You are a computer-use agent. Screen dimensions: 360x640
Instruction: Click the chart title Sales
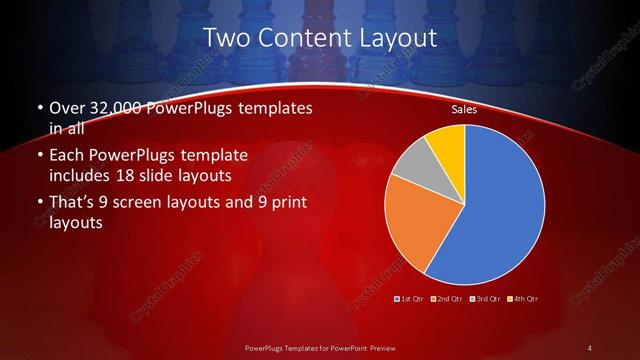pyautogui.click(x=463, y=108)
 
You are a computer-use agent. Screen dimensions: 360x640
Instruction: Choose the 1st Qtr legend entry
pyautogui.click(x=410, y=298)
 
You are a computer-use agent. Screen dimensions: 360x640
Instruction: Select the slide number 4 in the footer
pyautogui.click(x=590, y=347)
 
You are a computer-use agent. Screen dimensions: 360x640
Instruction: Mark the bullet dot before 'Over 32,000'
pyautogui.click(x=38, y=108)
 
